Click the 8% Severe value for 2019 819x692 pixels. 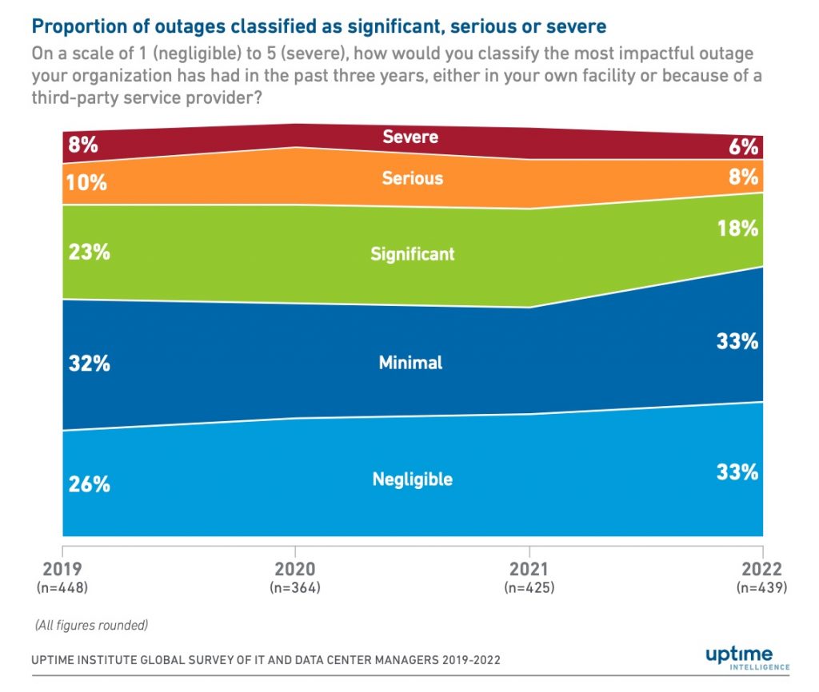click(83, 145)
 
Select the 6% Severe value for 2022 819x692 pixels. click(743, 147)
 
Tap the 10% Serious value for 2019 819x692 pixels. click(86, 182)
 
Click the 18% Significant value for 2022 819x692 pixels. click(737, 229)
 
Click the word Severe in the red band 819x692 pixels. click(410, 137)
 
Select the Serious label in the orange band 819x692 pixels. click(412, 177)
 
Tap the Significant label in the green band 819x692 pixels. click(412, 254)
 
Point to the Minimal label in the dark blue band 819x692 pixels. click(410, 363)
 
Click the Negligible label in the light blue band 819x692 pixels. click(412, 479)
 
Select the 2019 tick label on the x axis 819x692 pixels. click(62, 570)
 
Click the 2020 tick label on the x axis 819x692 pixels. click(296, 570)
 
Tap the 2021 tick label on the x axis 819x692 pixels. click(529, 570)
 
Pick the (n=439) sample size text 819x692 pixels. click(761, 588)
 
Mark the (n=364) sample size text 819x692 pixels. click(296, 588)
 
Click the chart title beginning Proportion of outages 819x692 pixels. click(318, 27)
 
